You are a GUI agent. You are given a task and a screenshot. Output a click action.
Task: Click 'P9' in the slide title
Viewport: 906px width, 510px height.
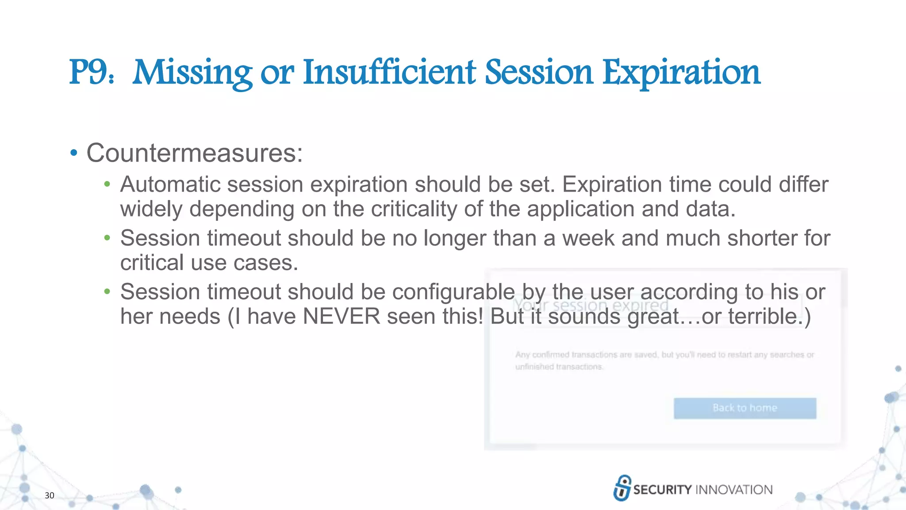[87, 72]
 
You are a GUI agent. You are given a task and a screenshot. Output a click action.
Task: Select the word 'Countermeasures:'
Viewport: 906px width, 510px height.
[195, 153]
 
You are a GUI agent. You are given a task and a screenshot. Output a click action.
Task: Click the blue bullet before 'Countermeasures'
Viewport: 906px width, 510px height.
[74, 153]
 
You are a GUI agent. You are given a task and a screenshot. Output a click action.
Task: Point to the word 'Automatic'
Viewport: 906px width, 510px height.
[170, 185]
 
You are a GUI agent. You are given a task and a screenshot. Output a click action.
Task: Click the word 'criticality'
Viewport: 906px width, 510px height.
[414, 209]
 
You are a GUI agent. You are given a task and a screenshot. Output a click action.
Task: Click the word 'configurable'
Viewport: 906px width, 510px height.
[453, 292]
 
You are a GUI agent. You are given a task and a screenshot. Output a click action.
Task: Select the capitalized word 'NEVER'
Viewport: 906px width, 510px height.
[342, 317]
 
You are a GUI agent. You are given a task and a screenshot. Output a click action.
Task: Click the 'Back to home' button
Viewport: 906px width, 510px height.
[745, 408]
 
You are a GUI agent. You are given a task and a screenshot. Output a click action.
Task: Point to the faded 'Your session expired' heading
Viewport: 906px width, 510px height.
[591, 305]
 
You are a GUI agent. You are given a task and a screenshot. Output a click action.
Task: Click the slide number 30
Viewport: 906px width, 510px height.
[50, 495]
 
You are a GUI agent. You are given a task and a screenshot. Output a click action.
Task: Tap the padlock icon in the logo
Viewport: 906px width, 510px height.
[622, 488]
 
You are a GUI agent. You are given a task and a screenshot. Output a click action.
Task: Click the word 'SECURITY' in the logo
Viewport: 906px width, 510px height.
[662, 490]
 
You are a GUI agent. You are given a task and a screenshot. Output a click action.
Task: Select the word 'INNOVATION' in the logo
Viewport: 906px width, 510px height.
[734, 490]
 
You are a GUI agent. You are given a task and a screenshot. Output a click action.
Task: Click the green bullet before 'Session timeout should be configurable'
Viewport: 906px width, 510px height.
[107, 291]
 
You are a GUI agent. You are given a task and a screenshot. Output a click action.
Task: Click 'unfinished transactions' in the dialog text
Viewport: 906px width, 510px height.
[559, 367]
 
